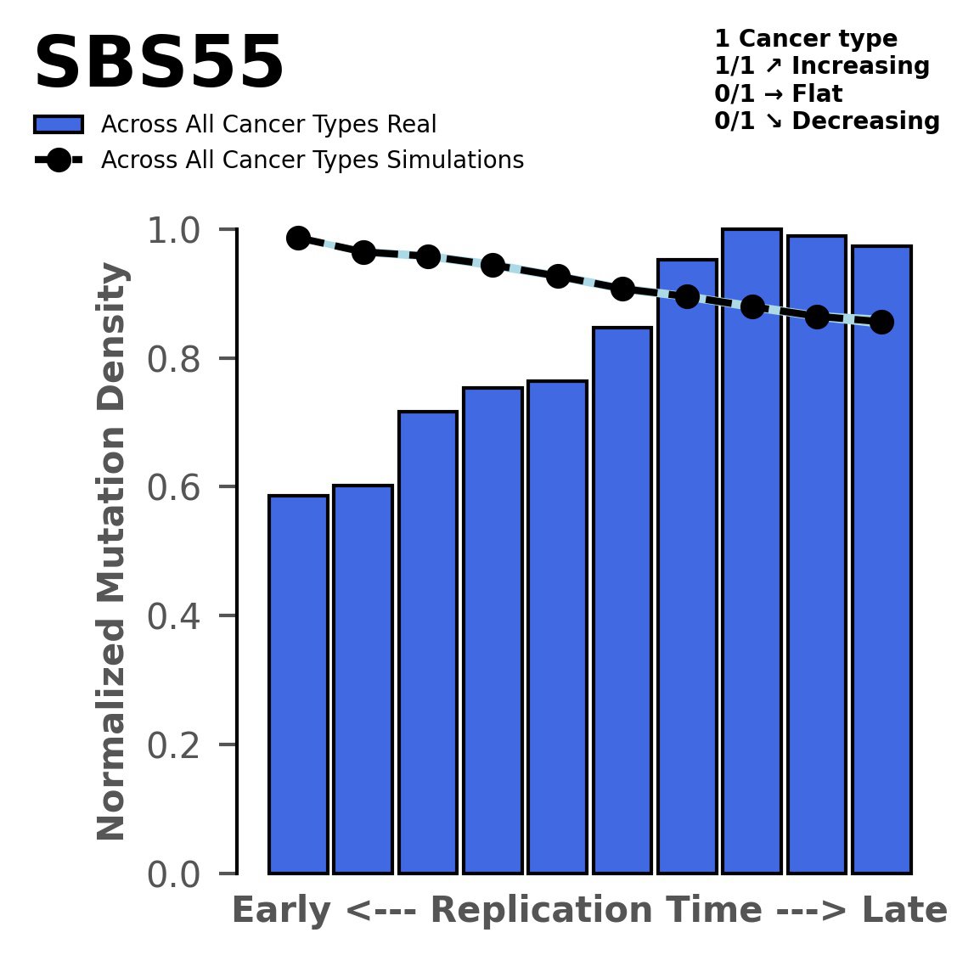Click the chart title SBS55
[x=158, y=65]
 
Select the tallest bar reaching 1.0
[x=752, y=552]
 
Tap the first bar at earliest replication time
[x=298, y=683]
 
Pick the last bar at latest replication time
[x=881, y=560]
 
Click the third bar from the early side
[x=428, y=642]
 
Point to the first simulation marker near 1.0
[x=298, y=238]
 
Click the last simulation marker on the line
[x=881, y=322]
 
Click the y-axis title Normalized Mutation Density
[x=112, y=552]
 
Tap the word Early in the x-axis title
[x=282, y=911]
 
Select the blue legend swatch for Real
[x=59, y=125]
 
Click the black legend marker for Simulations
[x=59, y=160]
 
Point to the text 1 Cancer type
[x=806, y=39]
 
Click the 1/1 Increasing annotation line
[x=822, y=66]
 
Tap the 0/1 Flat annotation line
[x=779, y=93]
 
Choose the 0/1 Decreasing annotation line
[x=827, y=121]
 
